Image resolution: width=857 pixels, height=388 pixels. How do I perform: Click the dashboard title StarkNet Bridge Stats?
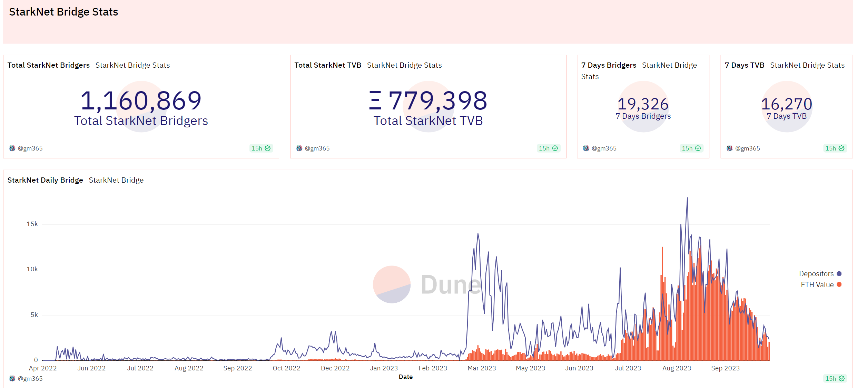pyautogui.click(x=63, y=12)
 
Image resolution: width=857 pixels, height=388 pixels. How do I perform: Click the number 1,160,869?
pyautogui.click(x=141, y=101)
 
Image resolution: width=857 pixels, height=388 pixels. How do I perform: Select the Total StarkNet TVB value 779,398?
pyautogui.click(x=437, y=101)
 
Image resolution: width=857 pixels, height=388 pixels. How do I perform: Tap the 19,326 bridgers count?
pyautogui.click(x=643, y=104)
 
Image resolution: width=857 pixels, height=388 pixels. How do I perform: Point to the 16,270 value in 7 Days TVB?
pyautogui.click(x=786, y=104)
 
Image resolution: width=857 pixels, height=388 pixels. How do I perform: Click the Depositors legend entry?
pyautogui.click(x=816, y=274)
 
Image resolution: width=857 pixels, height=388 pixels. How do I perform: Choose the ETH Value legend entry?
pyautogui.click(x=817, y=285)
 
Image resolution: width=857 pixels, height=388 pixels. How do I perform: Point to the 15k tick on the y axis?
pyautogui.click(x=32, y=224)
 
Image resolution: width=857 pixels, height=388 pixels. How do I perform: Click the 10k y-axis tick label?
pyautogui.click(x=32, y=269)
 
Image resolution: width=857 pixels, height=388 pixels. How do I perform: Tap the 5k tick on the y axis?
pyautogui.click(x=34, y=315)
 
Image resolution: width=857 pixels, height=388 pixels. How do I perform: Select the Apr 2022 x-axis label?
pyautogui.click(x=43, y=368)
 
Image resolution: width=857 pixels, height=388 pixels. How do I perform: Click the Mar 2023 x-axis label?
pyautogui.click(x=482, y=368)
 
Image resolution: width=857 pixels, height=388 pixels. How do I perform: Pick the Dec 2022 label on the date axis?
pyautogui.click(x=335, y=368)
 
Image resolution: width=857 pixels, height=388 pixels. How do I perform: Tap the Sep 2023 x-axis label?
pyautogui.click(x=725, y=368)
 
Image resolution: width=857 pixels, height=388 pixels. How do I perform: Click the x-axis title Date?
pyautogui.click(x=405, y=377)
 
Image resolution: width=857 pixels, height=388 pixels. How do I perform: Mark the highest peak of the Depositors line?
pyautogui.click(x=687, y=198)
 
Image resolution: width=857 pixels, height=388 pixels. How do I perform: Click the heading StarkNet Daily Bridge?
pyautogui.click(x=45, y=180)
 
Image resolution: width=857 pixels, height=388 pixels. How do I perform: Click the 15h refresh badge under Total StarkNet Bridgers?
pyautogui.click(x=260, y=148)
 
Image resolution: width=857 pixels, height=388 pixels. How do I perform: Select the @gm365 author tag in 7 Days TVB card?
pyautogui.click(x=747, y=148)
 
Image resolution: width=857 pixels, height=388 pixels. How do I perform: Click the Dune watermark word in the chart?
pyautogui.click(x=451, y=285)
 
